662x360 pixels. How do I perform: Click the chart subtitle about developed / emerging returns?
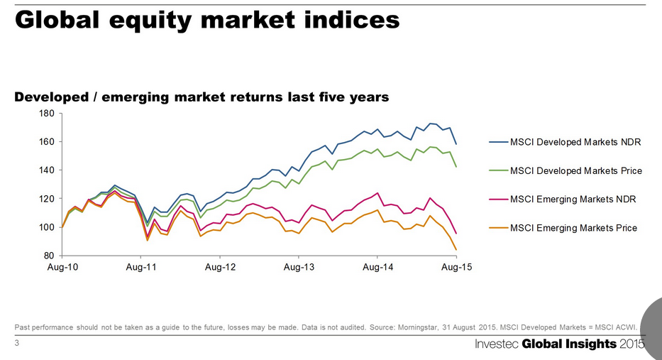coord(202,97)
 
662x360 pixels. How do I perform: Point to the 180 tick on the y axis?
coord(46,114)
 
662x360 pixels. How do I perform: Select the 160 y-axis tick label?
coord(46,142)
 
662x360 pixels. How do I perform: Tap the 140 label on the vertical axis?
coord(46,170)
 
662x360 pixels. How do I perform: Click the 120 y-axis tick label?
coord(46,199)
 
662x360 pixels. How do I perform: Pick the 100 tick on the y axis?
coord(46,227)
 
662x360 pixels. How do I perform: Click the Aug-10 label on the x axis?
coord(62,267)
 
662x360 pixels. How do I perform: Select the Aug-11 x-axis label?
coord(141,267)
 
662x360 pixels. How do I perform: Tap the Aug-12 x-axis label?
coord(220,267)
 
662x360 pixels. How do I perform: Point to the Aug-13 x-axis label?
coord(299,267)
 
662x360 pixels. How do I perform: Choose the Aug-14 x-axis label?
coord(377,267)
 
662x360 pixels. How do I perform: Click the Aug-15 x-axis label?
coord(456,267)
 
